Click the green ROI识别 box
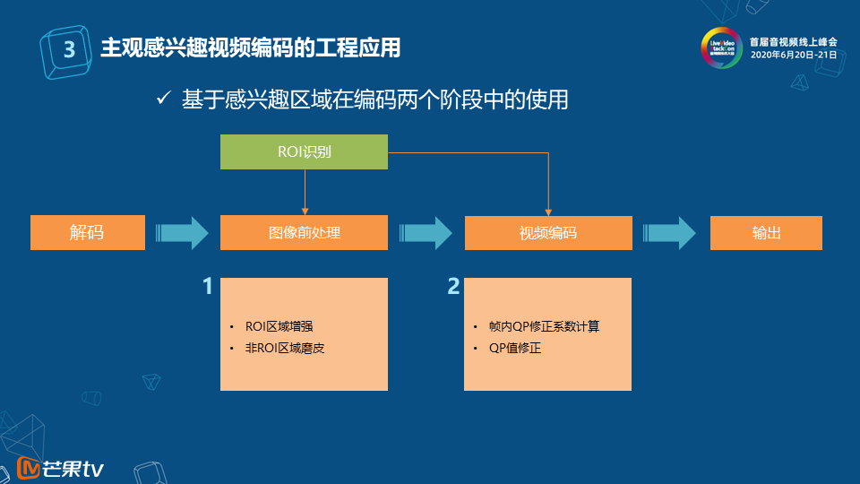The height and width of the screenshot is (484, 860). tap(304, 151)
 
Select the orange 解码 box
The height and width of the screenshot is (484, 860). tap(87, 232)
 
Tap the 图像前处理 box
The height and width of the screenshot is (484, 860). tap(304, 232)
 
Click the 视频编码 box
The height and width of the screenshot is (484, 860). tap(547, 232)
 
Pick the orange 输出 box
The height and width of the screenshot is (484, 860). tap(766, 232)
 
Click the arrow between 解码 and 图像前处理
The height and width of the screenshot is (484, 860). tap(182, 233)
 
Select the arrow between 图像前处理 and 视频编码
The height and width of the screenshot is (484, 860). tap(426, 233)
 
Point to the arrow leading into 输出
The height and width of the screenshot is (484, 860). tap(670, 233)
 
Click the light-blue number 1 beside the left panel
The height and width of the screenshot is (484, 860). tap(208, 287)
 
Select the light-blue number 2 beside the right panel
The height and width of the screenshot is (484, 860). tap(453, 287)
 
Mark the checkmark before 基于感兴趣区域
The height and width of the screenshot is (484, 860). tap(163, 99)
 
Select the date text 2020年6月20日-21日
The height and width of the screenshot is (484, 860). tap(793, 55)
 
